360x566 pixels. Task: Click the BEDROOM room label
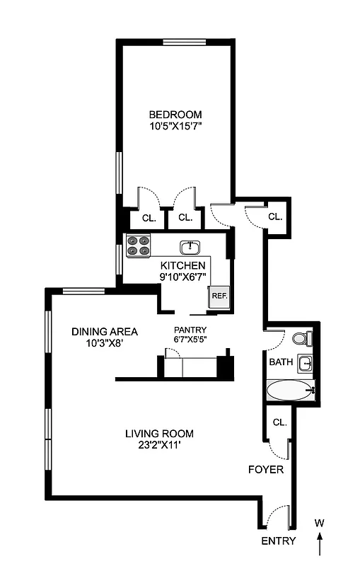(175, 115)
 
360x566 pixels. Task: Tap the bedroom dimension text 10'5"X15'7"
(175, 127)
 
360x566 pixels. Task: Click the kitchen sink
(190, 247)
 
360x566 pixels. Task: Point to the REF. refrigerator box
(217, 296)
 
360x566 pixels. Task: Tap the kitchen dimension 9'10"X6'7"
(182, 277)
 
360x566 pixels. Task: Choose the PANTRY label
(190, 330)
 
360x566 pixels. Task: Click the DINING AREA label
(105, 331)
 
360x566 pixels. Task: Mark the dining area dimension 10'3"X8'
(105, 343)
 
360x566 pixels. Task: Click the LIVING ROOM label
(159, 434)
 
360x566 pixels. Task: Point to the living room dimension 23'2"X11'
(159, 446)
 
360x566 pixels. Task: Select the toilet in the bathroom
(301, 339)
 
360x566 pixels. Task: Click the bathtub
(290, 390)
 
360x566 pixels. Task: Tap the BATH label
(280, 362)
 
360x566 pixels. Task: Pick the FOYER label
(266, 469)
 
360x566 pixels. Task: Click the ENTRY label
(279, 541)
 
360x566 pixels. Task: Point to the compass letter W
(320, 523)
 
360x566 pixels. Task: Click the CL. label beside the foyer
(279, 422)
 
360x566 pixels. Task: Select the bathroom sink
(305, 364)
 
